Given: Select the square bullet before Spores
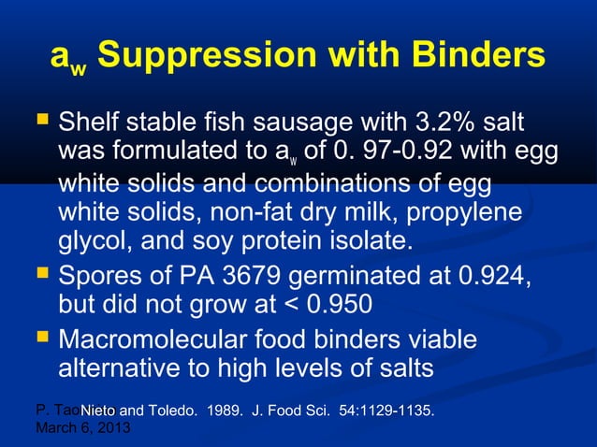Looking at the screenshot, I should (x=40, y=275).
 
